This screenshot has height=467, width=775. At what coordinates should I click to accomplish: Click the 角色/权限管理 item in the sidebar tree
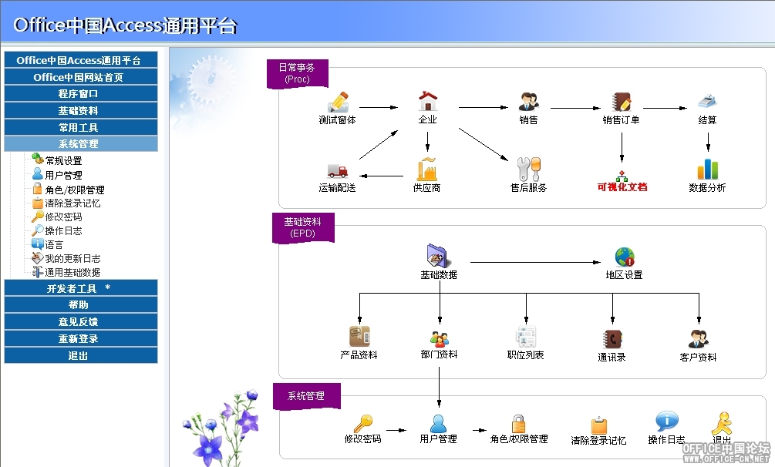point(74,190)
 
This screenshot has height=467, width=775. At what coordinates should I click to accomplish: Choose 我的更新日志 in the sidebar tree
point(72,258)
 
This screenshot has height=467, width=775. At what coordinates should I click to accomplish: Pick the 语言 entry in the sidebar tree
point(54,244)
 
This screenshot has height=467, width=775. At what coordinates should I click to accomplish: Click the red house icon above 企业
point(427,101)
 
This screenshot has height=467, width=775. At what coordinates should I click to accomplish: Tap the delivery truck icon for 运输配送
point(338,171)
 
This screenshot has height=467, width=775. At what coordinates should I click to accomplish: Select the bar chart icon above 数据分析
point(708,169)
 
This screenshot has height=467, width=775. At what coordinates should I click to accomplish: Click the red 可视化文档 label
point(622,186)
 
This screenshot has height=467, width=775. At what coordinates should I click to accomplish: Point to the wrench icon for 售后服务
point(529,169)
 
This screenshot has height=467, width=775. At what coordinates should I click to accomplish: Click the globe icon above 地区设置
point(625,257)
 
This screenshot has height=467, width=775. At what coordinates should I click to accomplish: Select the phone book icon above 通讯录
point(612,340)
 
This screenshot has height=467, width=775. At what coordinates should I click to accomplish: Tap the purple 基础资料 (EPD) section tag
point(303,227)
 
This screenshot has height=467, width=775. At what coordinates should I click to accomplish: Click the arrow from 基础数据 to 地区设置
point(535,262)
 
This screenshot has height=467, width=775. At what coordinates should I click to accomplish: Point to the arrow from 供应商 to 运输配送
point(382,176)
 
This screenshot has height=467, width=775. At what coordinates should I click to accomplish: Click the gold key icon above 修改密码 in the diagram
point(363,424)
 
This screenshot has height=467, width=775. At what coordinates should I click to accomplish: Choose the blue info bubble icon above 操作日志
point(667,421)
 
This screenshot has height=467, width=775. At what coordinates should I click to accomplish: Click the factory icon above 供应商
point(427,169)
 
